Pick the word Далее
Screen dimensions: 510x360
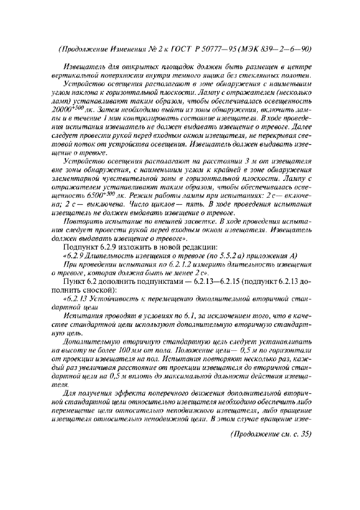(296, 125)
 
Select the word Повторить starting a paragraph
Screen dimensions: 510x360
(83, 223)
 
